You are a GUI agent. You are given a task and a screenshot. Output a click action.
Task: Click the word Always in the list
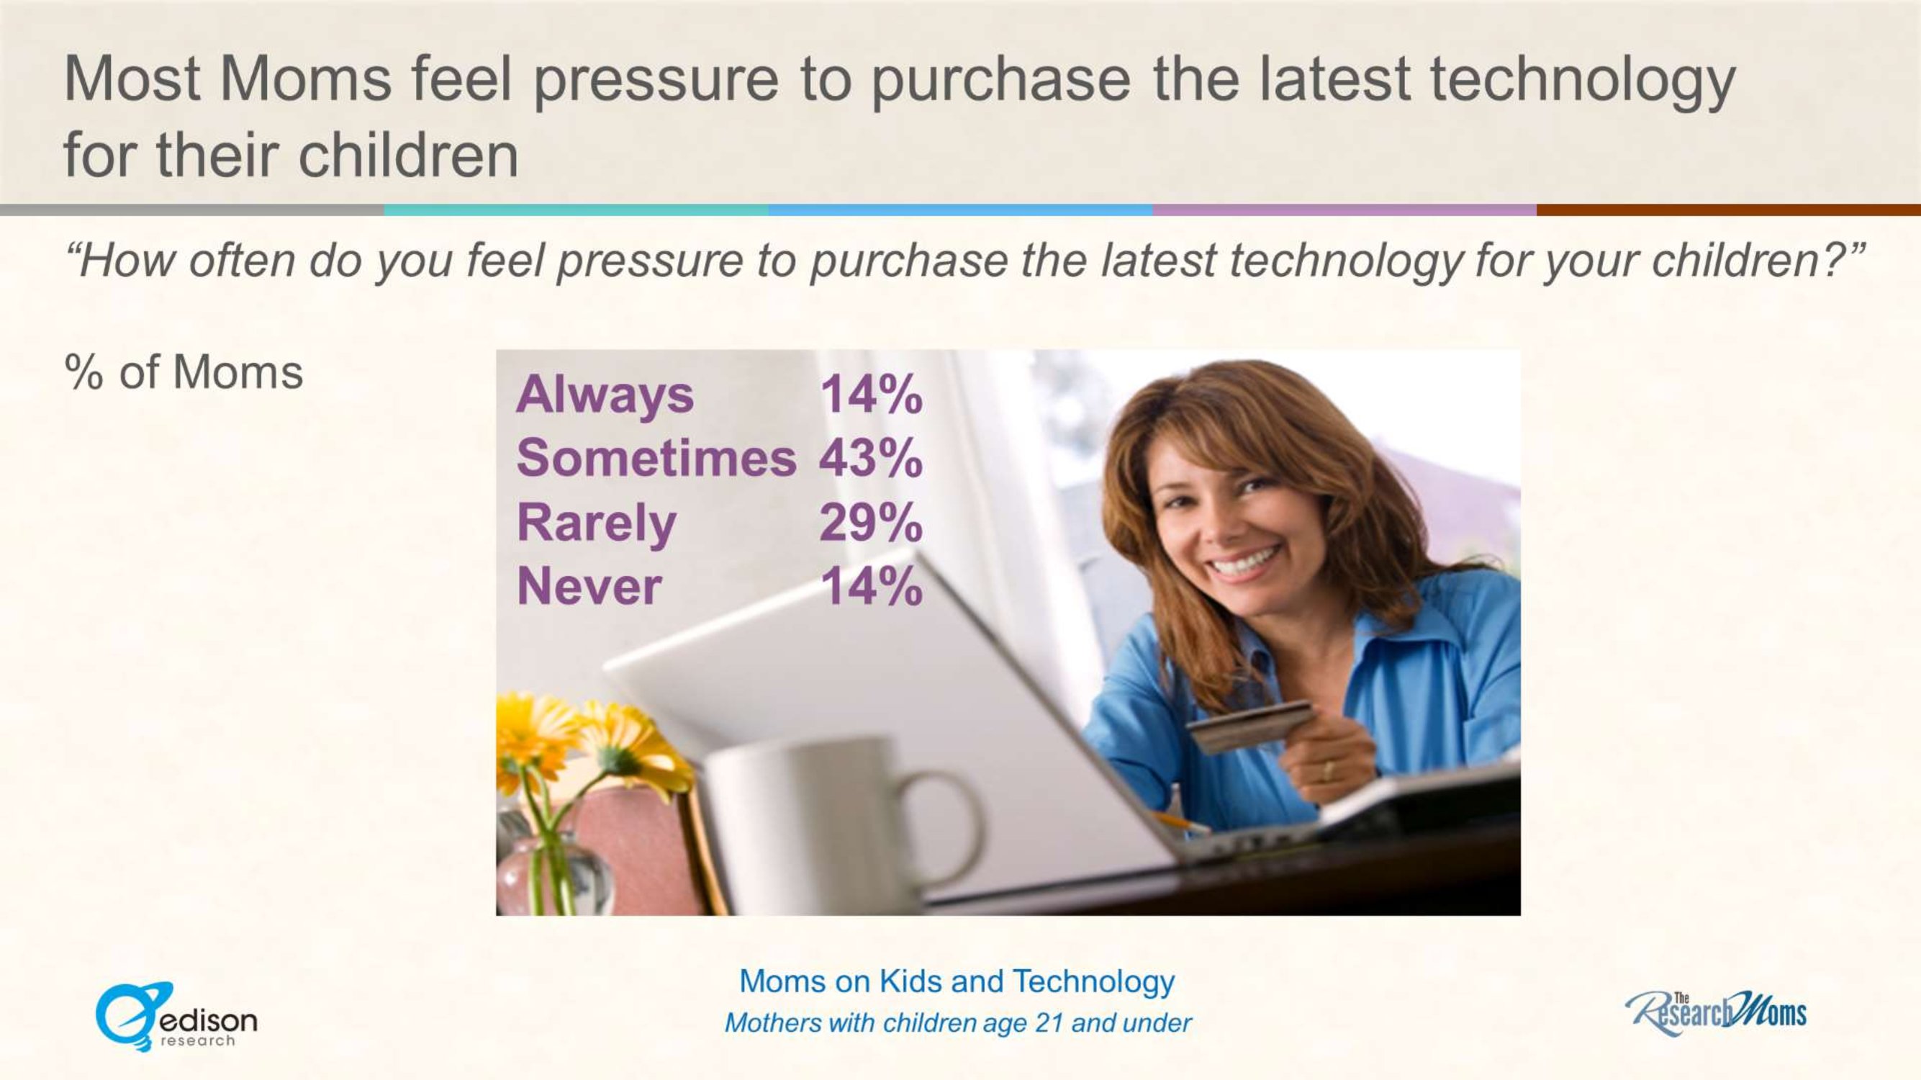point(605,396)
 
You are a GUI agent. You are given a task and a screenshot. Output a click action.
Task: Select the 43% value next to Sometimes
point(871,458)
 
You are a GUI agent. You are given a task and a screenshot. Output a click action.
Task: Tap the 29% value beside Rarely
point(871,523)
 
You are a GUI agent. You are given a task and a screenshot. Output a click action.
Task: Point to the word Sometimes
point(656,458)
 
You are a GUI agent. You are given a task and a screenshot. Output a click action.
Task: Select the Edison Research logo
point(176,1017)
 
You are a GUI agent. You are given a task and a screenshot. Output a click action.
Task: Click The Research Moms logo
point(1716,1013)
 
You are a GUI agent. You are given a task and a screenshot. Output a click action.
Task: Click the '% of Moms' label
point(184,372)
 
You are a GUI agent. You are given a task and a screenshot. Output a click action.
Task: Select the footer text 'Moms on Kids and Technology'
point(957,981)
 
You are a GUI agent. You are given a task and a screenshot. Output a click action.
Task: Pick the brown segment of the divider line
point(1729,210)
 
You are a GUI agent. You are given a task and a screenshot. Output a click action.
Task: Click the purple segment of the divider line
point(1344,210)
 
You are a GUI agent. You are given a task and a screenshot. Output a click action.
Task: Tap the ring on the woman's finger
point(1327,770)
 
